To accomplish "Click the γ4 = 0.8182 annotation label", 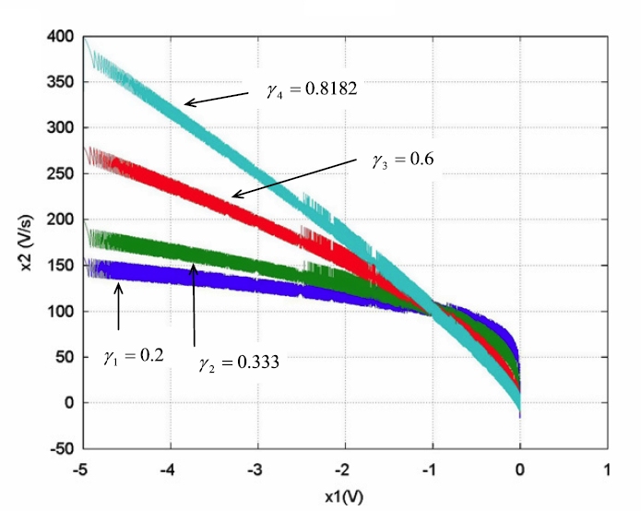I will (x=305, y=90).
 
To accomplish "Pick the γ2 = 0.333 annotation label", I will (x=239, y=362).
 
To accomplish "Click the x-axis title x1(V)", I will (x=345, y=496).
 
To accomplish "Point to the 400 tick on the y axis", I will (x=62, y=37).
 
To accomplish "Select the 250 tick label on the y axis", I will (x=62, y=174).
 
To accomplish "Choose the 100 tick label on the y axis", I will (x=62, y=312).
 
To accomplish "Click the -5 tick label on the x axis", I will (x=83, y=469).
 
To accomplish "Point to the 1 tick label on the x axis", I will (x=608, y=469).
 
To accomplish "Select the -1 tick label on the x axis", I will (x=432, y=469).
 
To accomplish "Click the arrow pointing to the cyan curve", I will (x=216, y=98).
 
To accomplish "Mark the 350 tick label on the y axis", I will (x=62, y=83).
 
